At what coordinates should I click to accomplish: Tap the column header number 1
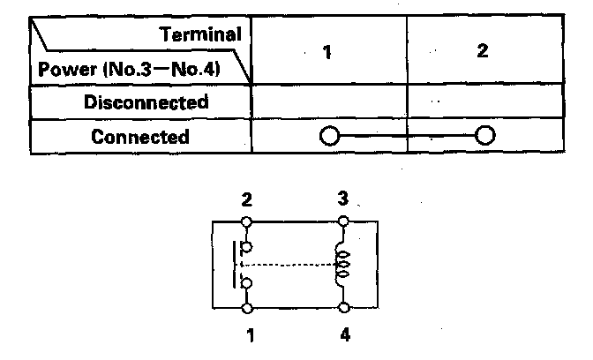pyautogui.click(x=327, y=51)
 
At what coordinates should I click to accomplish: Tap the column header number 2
pyautogui.click(x=482, y=51)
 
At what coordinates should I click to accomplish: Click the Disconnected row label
pyautogui.click(x=146, y=101)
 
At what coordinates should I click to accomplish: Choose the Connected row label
pyautogui.click(x=140, y=137)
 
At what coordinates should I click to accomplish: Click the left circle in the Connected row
pyautogui.click(x=328, y=137)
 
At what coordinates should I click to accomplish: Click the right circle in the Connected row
pyautogui.click(x=484, y=137)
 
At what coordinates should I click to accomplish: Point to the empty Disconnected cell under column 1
pyautogui.click(x=328, y=101)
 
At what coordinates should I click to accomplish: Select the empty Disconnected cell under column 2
pyautogui.click(x=484, y=101)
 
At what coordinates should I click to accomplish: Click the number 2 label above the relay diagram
pyautogui.click(x=247, y=199)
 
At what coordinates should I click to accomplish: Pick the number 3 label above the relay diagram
pyautogui.click(x=343, y=199)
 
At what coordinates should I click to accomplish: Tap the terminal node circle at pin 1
pyautogui.click(x=247, y=309)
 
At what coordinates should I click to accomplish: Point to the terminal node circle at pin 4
pyautogui.click(x=343, y=309)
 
